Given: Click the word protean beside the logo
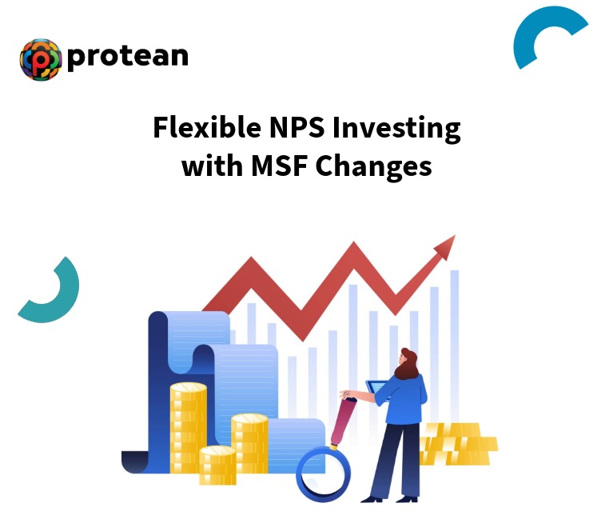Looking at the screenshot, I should point(128,56).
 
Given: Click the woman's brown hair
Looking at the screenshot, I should point(408,364).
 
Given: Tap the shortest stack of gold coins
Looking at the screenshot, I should point(217,464).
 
